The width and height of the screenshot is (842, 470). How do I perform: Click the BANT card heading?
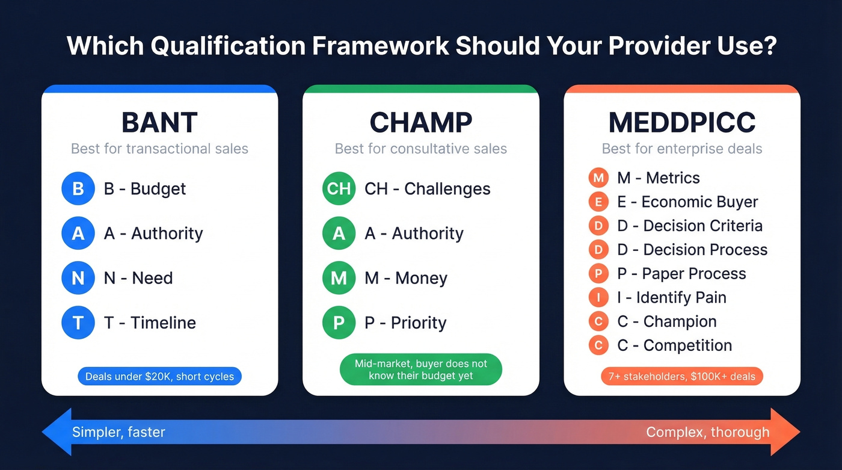coord(159,123)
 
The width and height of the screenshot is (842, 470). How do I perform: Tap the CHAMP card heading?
coord(420,123)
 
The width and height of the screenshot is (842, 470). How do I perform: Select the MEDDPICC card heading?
coord(682,123)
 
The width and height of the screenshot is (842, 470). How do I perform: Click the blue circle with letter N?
coord(78,278)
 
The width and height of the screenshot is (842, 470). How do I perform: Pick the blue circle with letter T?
coord(78,323)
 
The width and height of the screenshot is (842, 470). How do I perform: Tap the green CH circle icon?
coord(339,188)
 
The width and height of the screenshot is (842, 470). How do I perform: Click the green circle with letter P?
coord(339,323)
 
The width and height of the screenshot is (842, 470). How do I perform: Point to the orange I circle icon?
coord(598,297)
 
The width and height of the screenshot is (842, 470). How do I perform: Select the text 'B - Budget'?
coord(145,188)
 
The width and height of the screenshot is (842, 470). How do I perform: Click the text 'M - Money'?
coord(406,278)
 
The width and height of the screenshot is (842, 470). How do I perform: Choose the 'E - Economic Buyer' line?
coord(687,202)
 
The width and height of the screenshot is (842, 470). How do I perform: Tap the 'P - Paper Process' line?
coord(681,273)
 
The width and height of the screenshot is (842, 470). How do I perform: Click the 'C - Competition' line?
coord(674,345)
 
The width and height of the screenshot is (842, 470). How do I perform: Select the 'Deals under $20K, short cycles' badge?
coord(159,377)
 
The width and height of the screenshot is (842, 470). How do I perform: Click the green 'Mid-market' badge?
coord(420,370)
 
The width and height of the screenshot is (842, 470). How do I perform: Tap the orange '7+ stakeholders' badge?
coord(682,377)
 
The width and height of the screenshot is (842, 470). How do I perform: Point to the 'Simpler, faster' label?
coord(118,432)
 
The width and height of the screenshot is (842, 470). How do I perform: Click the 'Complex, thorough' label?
coord(707,432)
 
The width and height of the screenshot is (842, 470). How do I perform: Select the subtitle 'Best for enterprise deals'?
coord(682,149)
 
